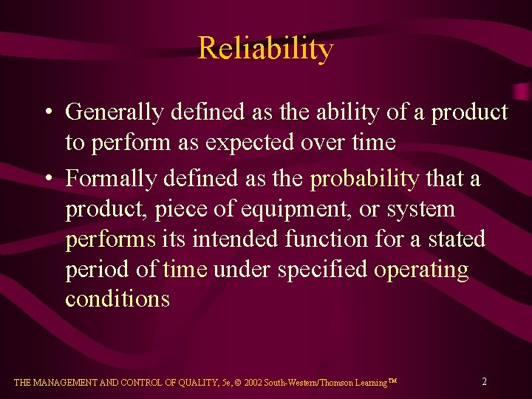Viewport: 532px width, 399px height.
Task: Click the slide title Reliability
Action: tap(265, 49)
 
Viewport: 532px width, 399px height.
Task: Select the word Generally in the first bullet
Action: tap(115, 112)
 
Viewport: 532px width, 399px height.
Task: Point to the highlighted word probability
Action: tap(364, 180)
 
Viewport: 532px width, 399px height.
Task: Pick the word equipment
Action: tap(290, 210)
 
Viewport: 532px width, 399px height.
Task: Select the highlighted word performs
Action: tap(111, 240)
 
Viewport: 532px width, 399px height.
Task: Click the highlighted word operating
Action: tap(421, 270)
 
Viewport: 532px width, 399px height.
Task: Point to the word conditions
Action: tap(117, 299)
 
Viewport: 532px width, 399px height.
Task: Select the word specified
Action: tap(322, 270)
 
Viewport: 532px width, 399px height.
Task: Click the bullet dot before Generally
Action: tap(47, 113)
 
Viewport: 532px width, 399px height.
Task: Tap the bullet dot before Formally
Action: tap(47, 180)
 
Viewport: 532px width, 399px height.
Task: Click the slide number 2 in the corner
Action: tap(484, 381)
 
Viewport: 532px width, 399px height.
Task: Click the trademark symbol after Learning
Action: tap(392, 381)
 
